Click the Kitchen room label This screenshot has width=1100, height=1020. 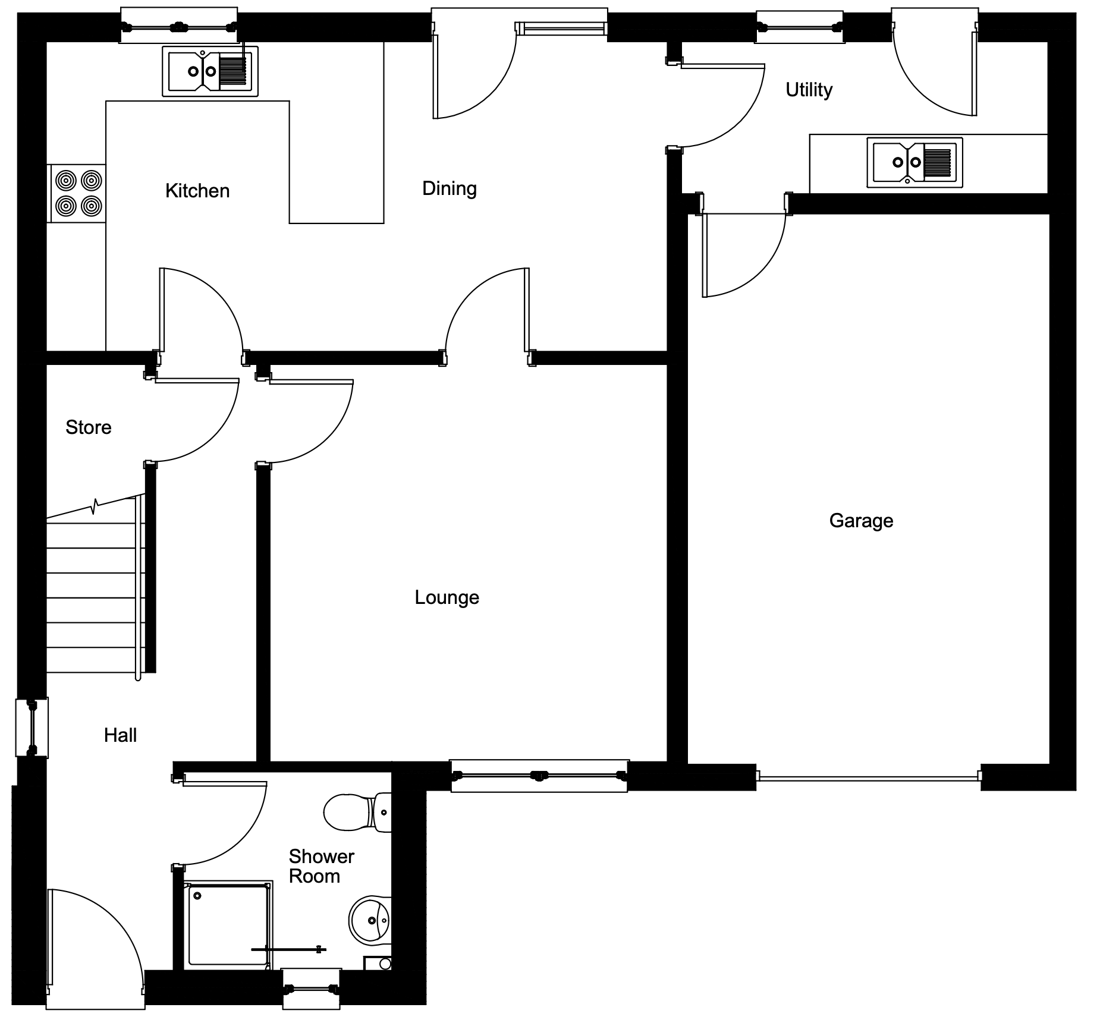click(x=197, y=191)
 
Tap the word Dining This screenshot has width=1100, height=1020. click(x=450, y=189)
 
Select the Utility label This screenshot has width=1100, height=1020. click(x=809, y=90)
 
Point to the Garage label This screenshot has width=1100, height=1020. click(x=861, y=521)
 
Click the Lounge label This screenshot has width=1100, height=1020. click(x=447, y=597)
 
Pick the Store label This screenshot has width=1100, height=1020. click(x=89, y=427)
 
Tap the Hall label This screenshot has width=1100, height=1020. click(x=121, y=735)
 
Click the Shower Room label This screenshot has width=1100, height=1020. click(x=321, y=866)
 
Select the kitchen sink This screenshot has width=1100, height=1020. click(x=210, y=71)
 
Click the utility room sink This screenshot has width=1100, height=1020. click(x=914, y=162)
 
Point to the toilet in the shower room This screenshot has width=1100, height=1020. click(x=357, y=812)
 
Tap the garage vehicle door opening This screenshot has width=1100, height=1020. click(x=869, y=775)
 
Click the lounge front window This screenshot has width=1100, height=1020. click(x=539, y=776)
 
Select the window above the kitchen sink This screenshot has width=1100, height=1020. click(x=179, y=26)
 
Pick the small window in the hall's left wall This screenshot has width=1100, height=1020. click(x=32, y=728)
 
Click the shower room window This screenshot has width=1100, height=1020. click(x=312, y=989)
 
